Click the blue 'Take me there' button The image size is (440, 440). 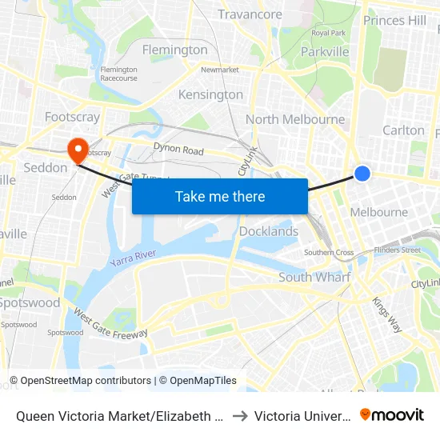(x=220, y=196)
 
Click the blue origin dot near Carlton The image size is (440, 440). (x=362, y=173)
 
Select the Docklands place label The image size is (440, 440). (x=269, y=231)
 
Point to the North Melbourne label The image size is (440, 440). (x=295, y=119)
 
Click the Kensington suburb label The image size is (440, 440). (x=210, y=94)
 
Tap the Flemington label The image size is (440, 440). (x=174, y=50)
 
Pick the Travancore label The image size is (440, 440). (x=250, y=14)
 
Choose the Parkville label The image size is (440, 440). (x=325, y=51)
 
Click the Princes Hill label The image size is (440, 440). (x=394, y=20)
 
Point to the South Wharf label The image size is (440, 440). (x=314, y=277)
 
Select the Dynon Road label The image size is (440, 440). (x=178, y=150)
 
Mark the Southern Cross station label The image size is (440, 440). (x=329, y=253)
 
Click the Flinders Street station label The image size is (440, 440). (x=398, y=250)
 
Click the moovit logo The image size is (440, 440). (x=392, y=414)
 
